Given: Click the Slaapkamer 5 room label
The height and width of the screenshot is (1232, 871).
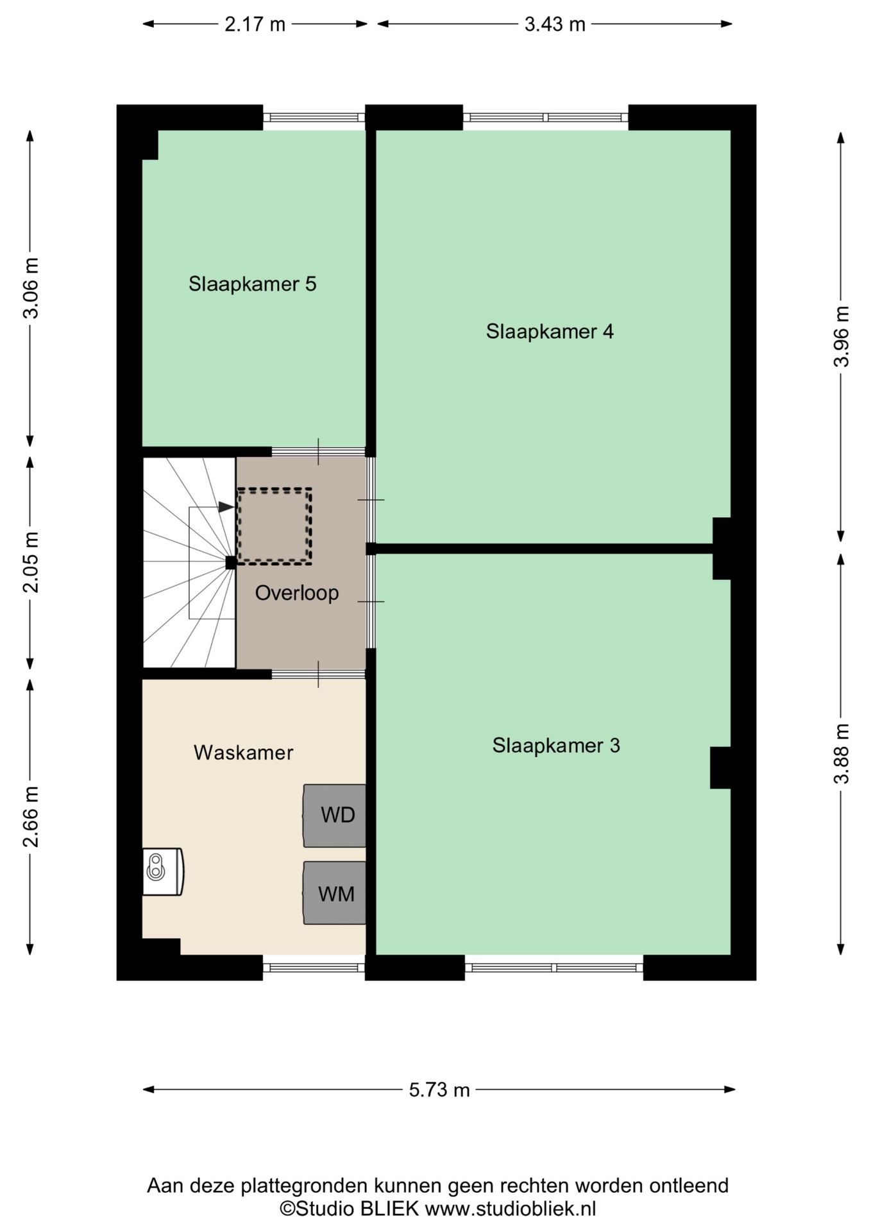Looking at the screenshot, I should coord(252,284).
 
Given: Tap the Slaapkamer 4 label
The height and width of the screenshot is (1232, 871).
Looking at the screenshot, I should coord(550,331).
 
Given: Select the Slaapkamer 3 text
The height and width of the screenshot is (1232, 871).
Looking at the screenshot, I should coord(556,745).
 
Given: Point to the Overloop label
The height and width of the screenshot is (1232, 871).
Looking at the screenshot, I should coord(296,592).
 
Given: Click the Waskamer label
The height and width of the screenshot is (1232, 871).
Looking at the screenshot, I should coord(243,752).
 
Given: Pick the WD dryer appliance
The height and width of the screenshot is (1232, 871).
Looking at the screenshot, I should coord(335,815).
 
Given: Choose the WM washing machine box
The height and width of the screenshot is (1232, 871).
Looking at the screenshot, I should coord(335,893).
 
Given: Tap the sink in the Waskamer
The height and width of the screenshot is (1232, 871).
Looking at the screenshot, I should coord(162,871).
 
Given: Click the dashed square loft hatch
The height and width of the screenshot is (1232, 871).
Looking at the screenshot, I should coord(275,526).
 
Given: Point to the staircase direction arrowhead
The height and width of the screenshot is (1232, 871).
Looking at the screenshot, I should coord(226,507).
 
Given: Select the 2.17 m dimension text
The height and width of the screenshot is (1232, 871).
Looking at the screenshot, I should coord(255,24).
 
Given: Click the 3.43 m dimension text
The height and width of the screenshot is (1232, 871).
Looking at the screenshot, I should coord(555,24).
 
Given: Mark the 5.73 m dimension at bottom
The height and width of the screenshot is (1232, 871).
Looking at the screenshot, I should coord(439,1090).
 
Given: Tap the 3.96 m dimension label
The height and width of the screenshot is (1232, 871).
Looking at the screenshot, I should coord(841,336).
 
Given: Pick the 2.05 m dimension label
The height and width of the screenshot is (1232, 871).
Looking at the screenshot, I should coord(31,562).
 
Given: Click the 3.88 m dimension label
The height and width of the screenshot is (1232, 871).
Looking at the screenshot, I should coord(841,753).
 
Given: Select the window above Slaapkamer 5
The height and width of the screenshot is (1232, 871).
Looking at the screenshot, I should coord(314,117).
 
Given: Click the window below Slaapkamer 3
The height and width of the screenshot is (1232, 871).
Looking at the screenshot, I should coord(554,967).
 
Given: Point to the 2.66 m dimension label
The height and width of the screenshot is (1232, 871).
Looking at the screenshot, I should coord(31,816).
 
